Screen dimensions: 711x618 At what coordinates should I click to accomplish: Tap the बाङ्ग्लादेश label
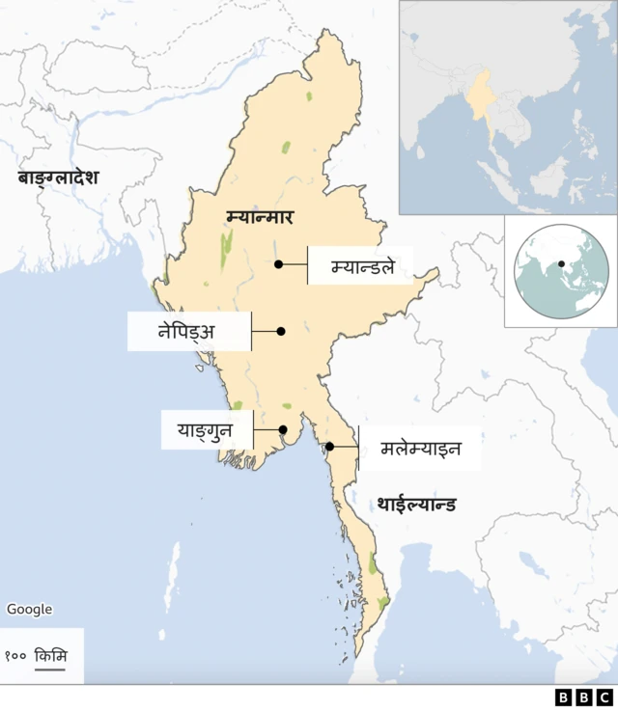click(x=58, y=178)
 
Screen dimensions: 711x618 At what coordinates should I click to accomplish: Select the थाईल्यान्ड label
click(x=416, y=505)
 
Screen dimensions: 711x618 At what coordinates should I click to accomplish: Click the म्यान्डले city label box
click(x=361, y=265)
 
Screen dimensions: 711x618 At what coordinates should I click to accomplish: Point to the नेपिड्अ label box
click(x=187, y=331)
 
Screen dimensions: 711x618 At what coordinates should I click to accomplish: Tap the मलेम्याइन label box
click(x=420, y=449)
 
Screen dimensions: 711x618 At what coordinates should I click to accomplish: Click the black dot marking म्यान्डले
click(x=278, y=264)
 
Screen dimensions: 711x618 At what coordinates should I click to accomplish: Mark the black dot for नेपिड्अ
click(x=281, y=331)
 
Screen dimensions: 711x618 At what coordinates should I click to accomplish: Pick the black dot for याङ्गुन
click(x=283, y=429)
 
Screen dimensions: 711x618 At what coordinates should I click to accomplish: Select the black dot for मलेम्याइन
click(x=329, y=447)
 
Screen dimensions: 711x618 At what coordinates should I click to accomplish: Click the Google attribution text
click(x=29, y=610)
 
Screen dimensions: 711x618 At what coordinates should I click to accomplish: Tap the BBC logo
click(x=583, y=697)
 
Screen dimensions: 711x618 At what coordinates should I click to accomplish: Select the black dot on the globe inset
click(x=561, y=263)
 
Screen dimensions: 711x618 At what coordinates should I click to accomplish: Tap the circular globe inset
click(x=560, y=269)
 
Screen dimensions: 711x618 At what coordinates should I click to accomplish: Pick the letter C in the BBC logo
click(x=604, y=697)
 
